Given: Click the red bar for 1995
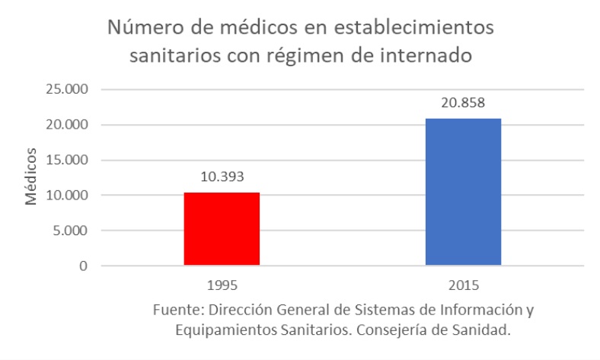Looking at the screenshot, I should tap(222, 229).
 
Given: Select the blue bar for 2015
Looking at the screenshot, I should tap(463, 192).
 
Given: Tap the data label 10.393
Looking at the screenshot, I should tap(222, 176).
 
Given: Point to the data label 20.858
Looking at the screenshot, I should tap(463, 102).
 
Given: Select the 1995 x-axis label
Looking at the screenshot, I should tap(222, 286).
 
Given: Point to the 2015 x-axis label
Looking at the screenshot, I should tap(463, 286).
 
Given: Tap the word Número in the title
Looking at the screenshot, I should tap(144, 28).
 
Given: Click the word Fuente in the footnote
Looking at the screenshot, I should tap(175, 311).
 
